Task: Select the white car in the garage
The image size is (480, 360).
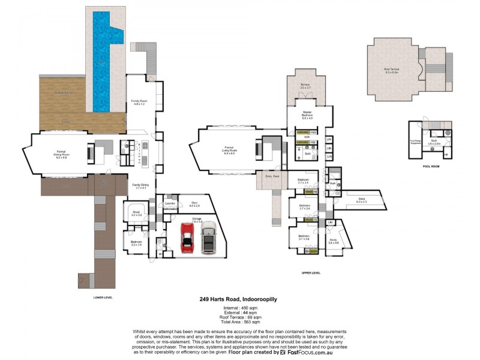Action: (208, 237)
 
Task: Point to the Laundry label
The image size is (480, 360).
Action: (169, 204)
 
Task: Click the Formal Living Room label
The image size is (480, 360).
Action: (229, 148)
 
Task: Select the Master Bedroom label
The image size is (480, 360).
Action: (307, 113)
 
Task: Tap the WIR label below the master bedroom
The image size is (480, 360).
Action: (307, 137)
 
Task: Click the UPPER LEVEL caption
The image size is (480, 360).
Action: (311, 272)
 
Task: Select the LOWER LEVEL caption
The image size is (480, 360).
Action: (103, 297)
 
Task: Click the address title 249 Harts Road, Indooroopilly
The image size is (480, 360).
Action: (238, 299)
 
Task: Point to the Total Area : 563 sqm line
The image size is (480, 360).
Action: (238, 322)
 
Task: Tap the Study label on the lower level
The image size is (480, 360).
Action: (136, 214)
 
